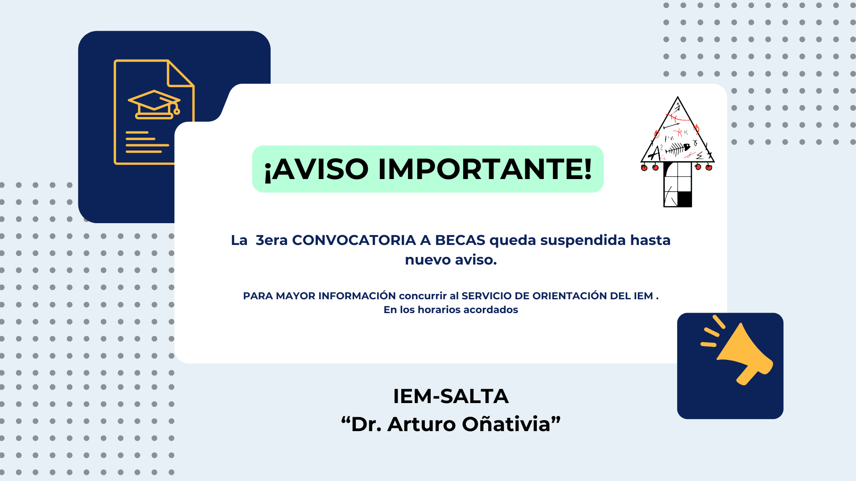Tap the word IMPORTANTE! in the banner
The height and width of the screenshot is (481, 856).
pyautogui.click(x=485, y=169)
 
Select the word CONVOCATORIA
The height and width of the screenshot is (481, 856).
pyautogui.click(x=354, y=240)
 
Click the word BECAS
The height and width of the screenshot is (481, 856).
pyautogui.click(x=460, y=240)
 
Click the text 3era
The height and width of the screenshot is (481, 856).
pyautogui.click(x=272, y=240)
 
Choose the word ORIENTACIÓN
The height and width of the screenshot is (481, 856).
pyautogui.click(x=569, y=296)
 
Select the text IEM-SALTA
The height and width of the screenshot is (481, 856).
pyautogui.click(x=451, y=396)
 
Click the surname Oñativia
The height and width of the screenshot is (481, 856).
pyautogui.click(x=506, y=424)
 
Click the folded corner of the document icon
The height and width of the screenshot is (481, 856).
pyautogui.click(x=180, y=73)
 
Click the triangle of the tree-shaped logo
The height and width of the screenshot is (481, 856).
pyautogui.click(x=678, y=131)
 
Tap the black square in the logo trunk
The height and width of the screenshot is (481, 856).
pyautogui.click(x=684, y=199)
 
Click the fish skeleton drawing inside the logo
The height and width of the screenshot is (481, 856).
pyautogui.click(x=677, y=149)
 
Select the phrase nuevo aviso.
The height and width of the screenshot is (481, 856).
pyautogui.click(x=451, y=260)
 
